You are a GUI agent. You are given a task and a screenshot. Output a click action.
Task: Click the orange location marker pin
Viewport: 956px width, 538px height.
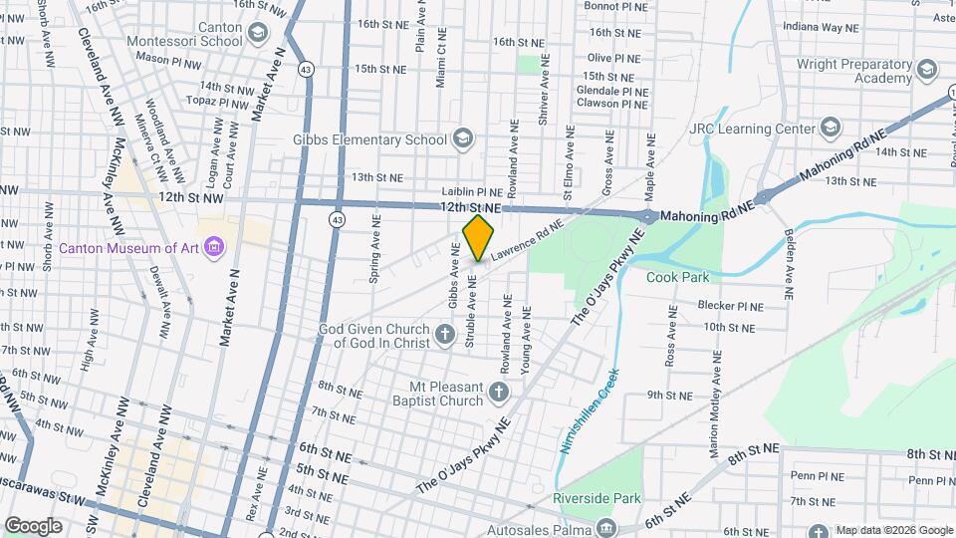(478, 237)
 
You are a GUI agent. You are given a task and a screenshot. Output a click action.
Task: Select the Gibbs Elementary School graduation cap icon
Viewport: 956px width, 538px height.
(462, 139)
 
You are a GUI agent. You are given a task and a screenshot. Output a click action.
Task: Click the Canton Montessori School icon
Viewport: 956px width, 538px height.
(258, 34)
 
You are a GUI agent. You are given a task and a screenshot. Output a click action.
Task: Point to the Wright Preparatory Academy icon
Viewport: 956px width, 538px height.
(927, 70)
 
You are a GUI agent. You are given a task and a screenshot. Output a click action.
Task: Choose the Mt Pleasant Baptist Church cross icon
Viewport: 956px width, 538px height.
(498, 393)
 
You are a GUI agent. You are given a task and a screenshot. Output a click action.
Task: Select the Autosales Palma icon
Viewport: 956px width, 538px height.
(606, 527)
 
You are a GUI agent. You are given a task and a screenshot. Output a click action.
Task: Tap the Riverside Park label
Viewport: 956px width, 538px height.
(597, 497)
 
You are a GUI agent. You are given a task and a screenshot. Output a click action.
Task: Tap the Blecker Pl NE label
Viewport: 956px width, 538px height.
(730, 306)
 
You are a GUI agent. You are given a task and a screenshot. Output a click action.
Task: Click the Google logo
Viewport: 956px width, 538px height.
(33, 525)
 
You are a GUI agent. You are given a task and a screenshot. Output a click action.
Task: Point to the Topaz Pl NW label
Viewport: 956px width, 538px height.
(222, 103)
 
